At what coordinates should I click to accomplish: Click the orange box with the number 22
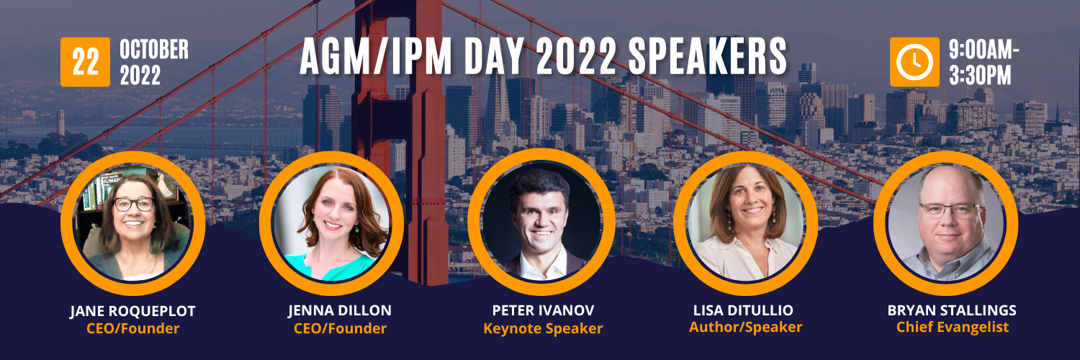coord(86,62)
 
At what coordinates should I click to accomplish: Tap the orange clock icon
coord(914,62)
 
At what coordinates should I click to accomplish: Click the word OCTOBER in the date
coord(154,50)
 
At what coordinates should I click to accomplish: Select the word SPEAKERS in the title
coord(707,57)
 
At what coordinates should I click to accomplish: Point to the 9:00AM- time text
coord(984,50)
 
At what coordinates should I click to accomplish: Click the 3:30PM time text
coord(980,76)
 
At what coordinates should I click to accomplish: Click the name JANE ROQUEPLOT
coord(132,311)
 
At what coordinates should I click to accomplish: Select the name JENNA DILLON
coord(339,311)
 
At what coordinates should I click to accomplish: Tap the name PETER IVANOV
coord(543,310)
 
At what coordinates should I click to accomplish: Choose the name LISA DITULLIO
coord(743,310)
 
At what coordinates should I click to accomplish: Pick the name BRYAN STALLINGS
coord(952,310)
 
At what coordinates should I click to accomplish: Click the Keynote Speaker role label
coord(543,328)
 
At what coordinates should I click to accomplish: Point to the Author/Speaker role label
coord(745,327)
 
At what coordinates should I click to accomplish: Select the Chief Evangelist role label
coord(953,327)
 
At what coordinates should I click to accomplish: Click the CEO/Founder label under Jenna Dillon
coord(340,328)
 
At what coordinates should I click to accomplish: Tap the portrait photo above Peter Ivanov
coord(541,222)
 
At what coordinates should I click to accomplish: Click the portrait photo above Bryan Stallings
coord(945,223)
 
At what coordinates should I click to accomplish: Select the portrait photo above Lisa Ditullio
coord(745,223)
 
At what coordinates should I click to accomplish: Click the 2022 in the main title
coord(576,57)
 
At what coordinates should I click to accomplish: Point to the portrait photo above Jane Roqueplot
coord(132,223)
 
